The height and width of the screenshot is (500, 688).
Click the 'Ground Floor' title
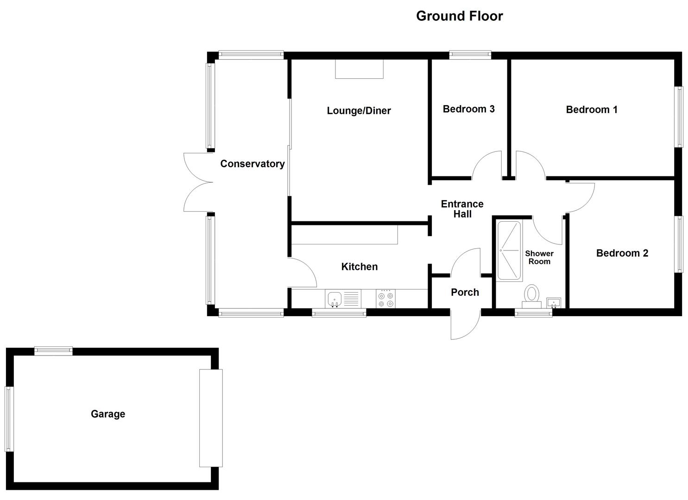[x=459, y=16]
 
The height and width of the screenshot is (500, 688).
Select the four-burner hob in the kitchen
[x=385, y=298]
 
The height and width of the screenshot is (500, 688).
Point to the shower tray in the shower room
[x=510, y=250]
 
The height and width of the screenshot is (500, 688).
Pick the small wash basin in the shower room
[x=554, y=303]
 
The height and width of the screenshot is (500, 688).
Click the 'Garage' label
[x=107, y=414]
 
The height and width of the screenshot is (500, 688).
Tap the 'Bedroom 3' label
[x=468, y=109]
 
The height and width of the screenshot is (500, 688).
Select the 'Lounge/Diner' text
[x=359, y=111]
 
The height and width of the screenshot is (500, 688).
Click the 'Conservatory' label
[x=252, y=164]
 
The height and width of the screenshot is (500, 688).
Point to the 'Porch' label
[x=465, y=292]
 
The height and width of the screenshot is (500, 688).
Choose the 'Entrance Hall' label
[x=462, y=209]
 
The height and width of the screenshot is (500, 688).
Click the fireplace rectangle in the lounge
[x=359, y=69]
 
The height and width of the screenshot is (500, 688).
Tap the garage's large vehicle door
[x=211, y=418]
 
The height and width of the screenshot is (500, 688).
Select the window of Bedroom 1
[x=679, y=117]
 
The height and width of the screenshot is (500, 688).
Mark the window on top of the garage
[x=53, y=351]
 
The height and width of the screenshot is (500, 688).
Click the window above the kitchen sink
[x=339, y=313]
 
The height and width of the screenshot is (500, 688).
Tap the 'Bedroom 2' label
[x=622, y=253]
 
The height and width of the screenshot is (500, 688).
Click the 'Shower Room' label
[x=539, y=257]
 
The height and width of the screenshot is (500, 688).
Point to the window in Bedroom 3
[x=470, y=55]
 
